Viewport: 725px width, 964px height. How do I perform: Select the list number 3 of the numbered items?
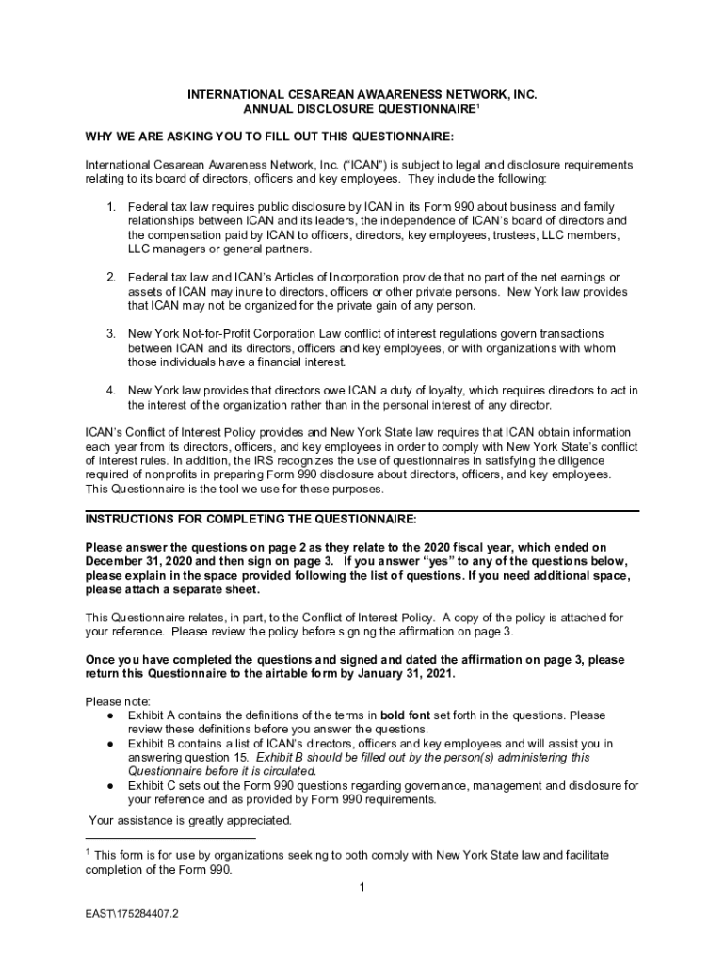point(110,334)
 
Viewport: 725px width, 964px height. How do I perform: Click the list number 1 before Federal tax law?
point(110,207)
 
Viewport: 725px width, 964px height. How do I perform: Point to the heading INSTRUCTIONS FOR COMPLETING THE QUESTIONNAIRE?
point(250,520)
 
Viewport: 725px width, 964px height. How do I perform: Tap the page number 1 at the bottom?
point(362,887)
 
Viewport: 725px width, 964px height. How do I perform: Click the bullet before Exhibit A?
point(111,715)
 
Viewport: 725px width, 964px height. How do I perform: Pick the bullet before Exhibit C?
point(111,785)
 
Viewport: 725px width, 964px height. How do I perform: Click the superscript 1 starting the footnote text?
point(89,852)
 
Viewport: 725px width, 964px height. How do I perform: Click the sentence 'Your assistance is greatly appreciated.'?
point(190,820)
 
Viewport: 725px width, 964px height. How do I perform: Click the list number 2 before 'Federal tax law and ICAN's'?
point(110,278)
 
